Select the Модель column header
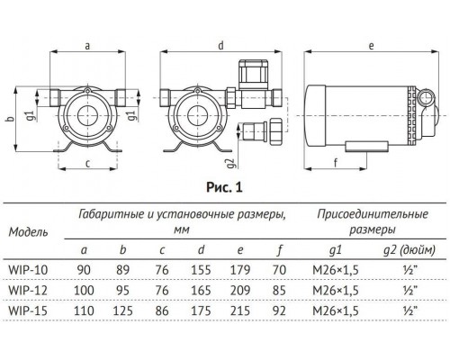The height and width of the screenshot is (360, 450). click(29, 231)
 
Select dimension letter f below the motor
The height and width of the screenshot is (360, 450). click(336, 163)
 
